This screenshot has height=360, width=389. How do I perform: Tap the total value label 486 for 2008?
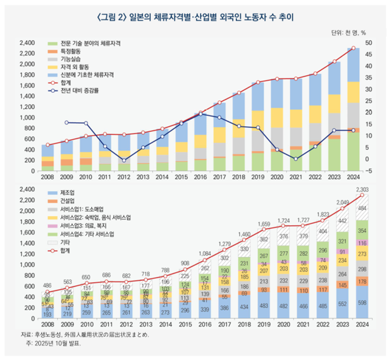47,285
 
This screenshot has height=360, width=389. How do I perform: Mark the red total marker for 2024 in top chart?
353,48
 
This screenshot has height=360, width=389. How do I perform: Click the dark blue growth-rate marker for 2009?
66,123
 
